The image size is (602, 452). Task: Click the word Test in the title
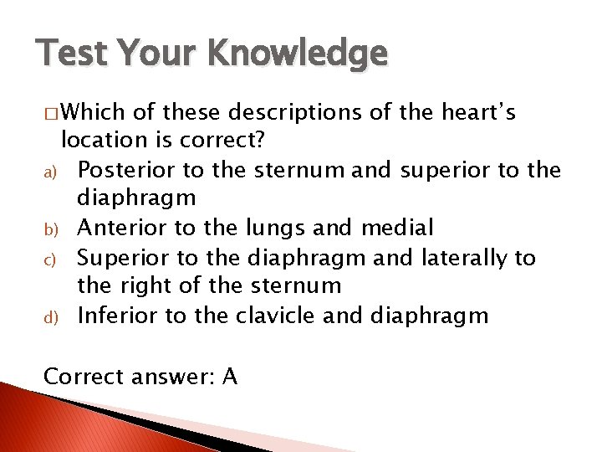click(68, 53)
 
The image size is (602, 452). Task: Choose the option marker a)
click(49, 171)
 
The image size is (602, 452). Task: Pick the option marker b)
click(49, 229)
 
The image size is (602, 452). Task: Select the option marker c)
click(49, 259)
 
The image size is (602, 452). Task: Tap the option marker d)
click(49, 316)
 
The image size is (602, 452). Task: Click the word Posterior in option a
click(126, 170)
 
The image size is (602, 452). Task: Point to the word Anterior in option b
click(123, 228)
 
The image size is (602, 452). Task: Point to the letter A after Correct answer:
click(231, 377)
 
